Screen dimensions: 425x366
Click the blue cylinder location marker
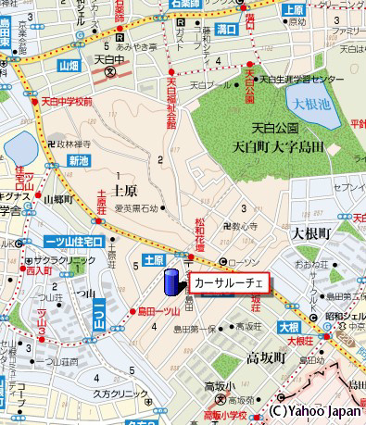pos(171,283)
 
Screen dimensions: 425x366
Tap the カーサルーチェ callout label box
pos(229,282)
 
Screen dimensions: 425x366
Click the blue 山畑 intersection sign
pos(69,67)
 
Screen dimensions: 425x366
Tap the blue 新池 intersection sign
pos(79,160)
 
